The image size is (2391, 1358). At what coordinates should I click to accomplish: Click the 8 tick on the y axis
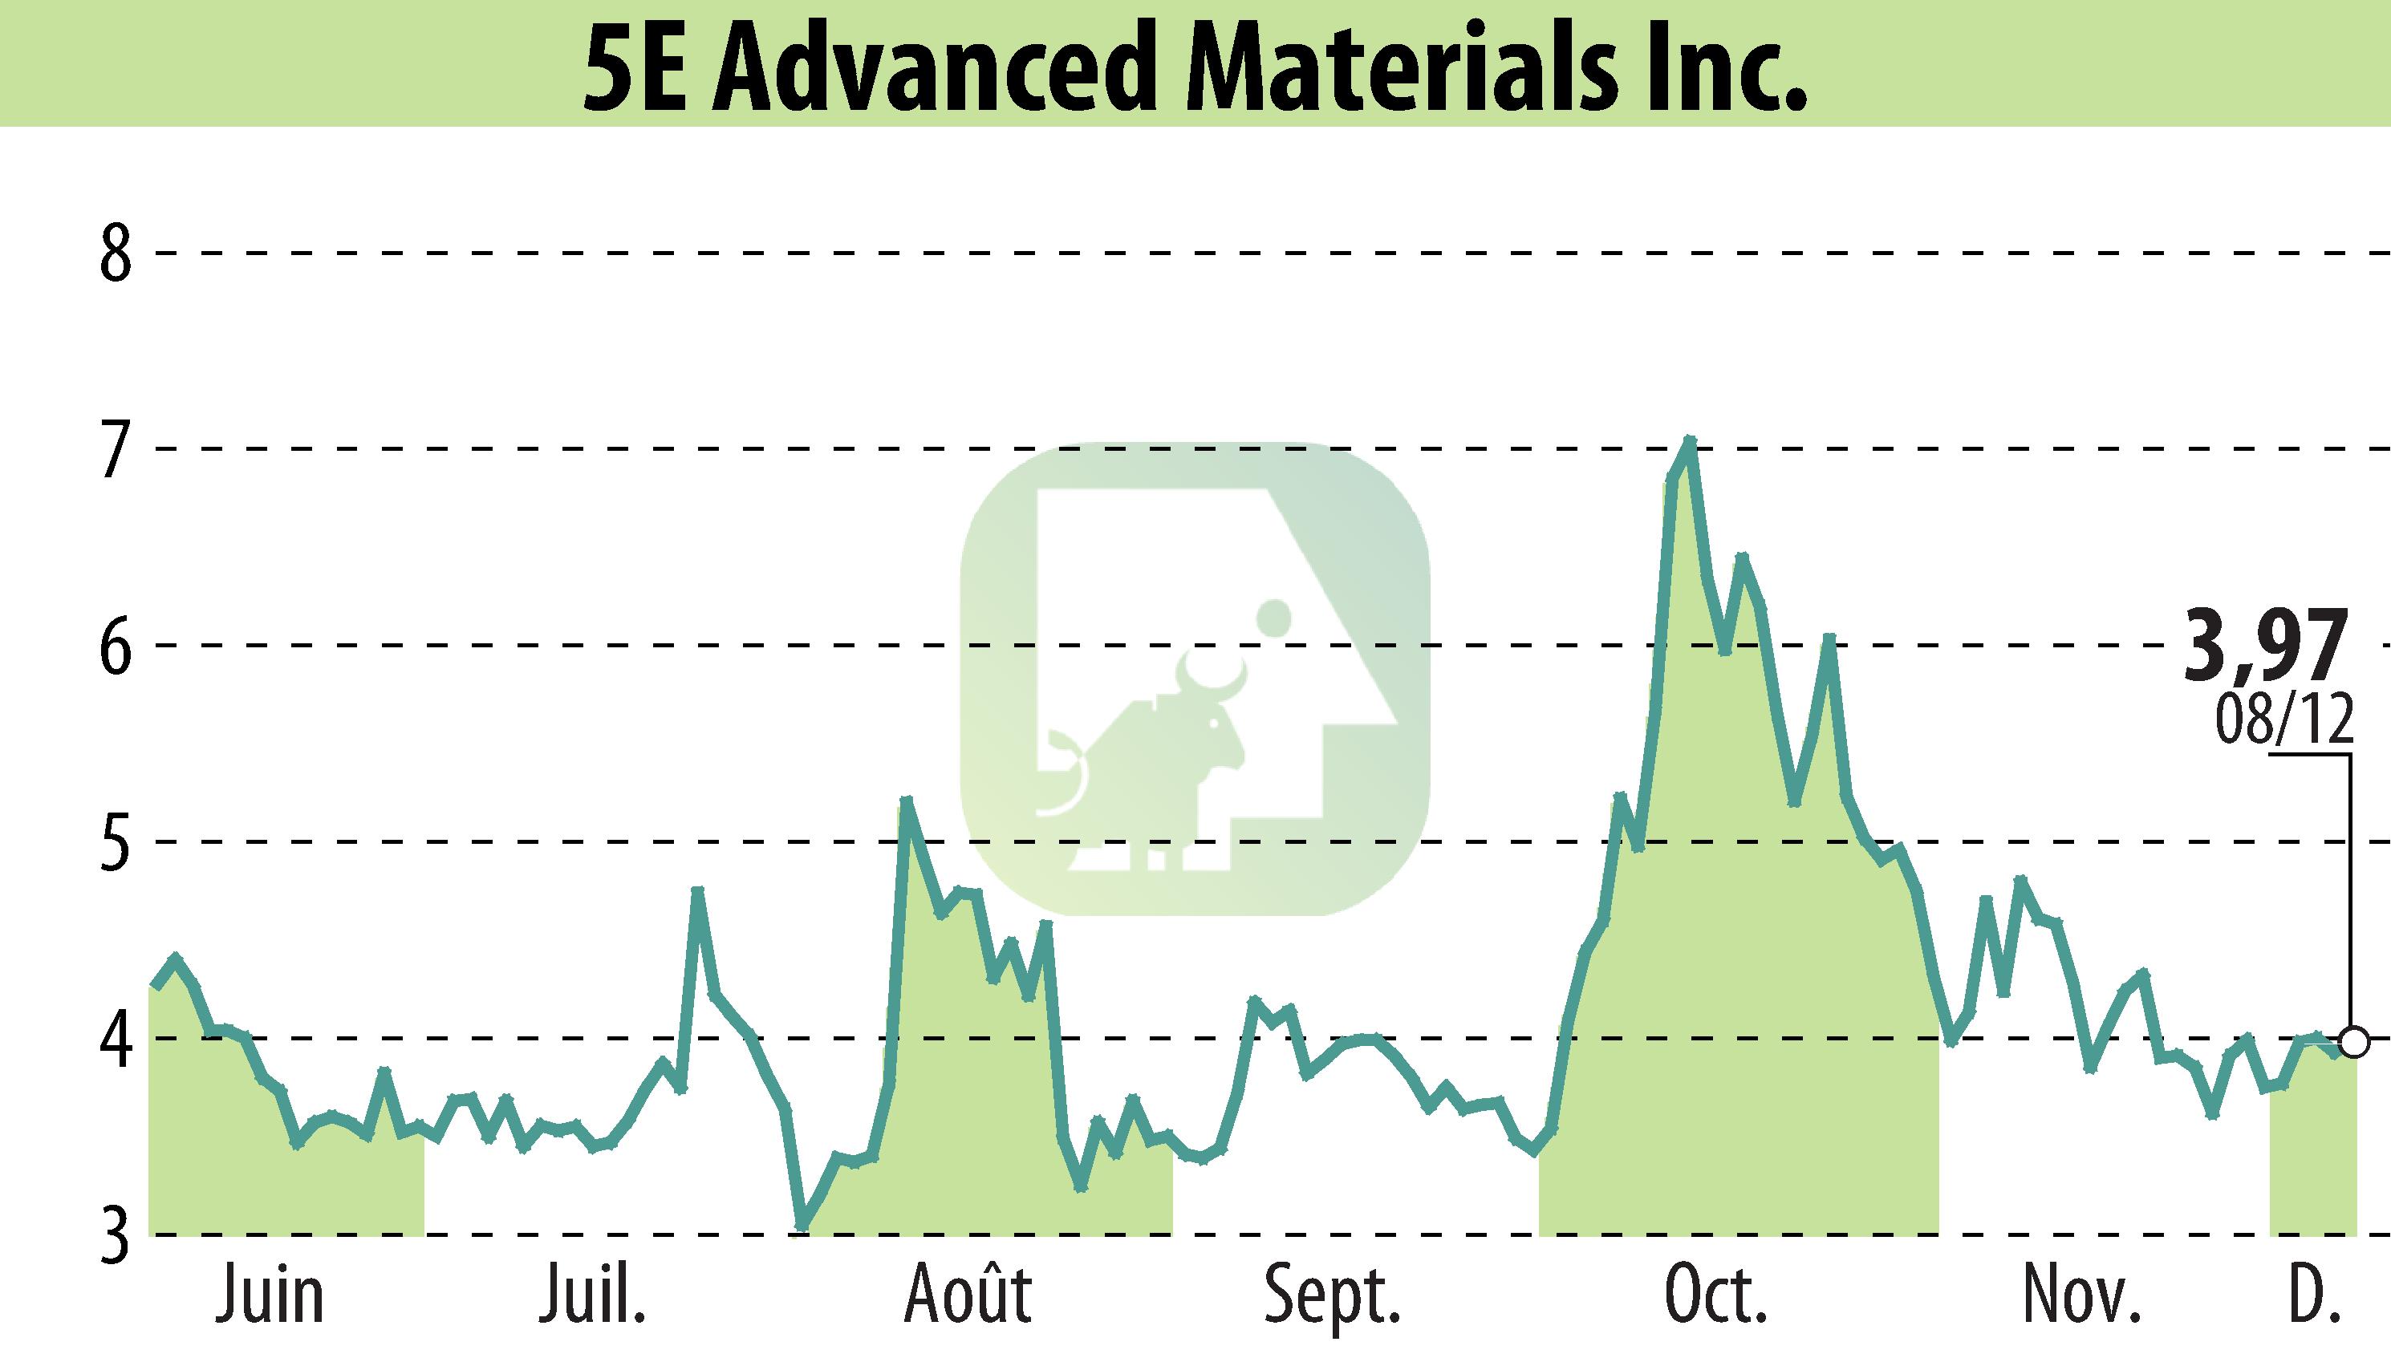point(116,254)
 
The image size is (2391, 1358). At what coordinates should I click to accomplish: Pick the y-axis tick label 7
point(116,452)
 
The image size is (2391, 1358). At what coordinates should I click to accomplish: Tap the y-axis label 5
point(116,845)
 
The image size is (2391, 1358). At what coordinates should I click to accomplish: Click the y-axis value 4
point(116,1041)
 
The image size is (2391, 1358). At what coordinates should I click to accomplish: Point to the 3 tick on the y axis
point(116,1237)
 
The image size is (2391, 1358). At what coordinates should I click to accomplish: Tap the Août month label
point(968,1295)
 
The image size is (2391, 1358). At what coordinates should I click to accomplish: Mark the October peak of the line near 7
point(1688,440)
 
